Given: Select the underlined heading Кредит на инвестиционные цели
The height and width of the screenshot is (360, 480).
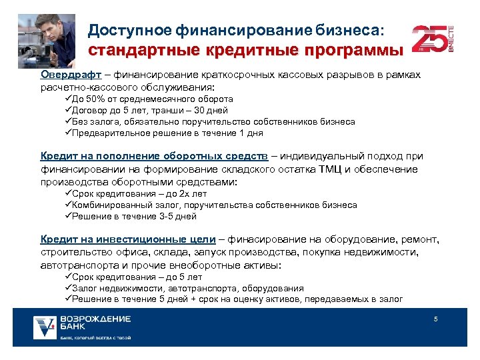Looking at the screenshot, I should coord(128,239).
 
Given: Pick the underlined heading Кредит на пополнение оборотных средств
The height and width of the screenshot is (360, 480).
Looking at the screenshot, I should coord(154,156).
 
